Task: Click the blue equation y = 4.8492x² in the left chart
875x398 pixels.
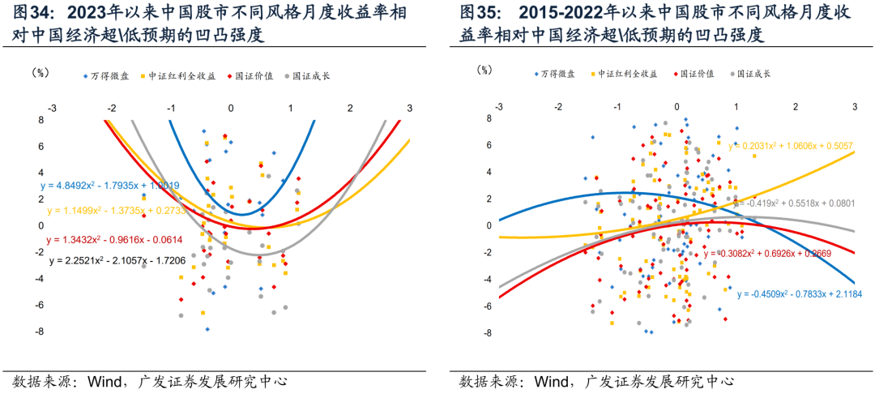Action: click(x=110, y=186)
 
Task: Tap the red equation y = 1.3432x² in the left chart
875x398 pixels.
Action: click(x=114, y=240)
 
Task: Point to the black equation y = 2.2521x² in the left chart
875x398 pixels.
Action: click(x=117, y=261)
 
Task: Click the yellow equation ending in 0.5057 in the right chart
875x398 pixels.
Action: click(x=798, y=147)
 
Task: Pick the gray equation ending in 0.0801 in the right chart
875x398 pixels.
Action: click(x=798, y=203)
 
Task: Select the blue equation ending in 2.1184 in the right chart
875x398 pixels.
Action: click(x=798, y=294)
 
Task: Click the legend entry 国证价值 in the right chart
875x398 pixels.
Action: click(x=697, y=74)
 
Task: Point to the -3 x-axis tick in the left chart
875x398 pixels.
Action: click(x=52, y=109)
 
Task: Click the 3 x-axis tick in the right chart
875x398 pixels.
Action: click(x=855, y=107)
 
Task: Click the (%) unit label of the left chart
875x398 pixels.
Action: click(x=41, y=73)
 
